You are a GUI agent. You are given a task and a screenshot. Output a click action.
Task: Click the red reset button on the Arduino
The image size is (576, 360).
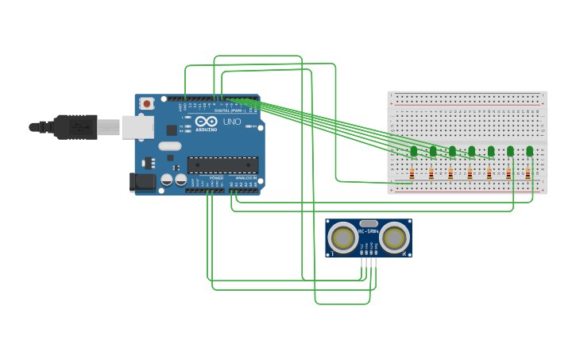[147, 103]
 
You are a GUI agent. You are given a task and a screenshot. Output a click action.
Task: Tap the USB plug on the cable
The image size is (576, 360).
[75, 126]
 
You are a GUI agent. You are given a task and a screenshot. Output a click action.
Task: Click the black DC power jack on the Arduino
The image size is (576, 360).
[143, 182]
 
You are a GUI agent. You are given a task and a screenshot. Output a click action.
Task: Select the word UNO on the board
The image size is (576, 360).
[231, 122]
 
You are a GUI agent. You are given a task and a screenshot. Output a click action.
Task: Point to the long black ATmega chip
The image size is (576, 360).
[222, 165]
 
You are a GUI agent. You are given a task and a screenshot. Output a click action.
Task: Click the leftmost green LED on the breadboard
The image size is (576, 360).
[413, 151]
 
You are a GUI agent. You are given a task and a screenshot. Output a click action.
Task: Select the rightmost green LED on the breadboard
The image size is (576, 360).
[529, 151]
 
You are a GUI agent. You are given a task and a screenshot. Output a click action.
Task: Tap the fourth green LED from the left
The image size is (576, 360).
[471, 151]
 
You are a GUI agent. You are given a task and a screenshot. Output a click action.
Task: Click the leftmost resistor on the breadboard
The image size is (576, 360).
[412, 174]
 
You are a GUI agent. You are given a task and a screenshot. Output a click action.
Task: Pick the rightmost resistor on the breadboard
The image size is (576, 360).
[528, 174]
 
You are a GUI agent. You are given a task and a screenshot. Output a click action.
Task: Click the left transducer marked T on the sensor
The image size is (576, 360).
[343, 238]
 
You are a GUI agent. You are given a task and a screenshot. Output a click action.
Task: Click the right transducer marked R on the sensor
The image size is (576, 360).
[394, 238]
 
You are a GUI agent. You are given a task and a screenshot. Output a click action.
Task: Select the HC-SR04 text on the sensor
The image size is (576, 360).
[369, 232]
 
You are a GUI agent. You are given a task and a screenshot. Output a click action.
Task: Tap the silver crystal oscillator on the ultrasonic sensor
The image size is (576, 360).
[369, 224]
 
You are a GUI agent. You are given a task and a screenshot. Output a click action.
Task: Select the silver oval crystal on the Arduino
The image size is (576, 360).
[170, 146]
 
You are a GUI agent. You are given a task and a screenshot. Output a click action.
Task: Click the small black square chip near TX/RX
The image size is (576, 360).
[172, 130]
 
